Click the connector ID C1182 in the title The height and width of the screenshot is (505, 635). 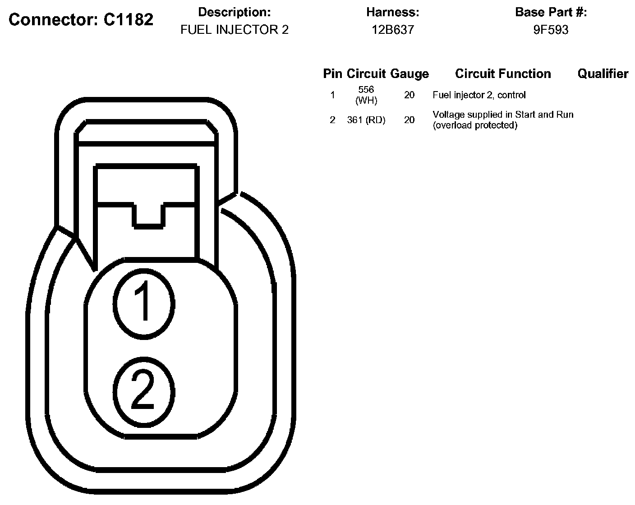128,19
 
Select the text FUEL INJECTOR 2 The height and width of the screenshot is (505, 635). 234,30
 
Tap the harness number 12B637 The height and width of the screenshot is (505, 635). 392,30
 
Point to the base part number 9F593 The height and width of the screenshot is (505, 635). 551,30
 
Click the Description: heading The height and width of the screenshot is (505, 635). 235,12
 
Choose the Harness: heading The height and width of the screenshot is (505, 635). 392,12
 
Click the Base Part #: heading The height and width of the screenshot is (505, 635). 551,12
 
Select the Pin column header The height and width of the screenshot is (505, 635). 333,73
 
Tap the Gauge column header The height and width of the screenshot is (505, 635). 410,73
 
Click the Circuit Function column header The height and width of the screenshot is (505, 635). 503,73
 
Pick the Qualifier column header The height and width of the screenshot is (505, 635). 603,73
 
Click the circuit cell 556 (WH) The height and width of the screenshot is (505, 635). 366,95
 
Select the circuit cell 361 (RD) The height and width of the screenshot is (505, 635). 366,120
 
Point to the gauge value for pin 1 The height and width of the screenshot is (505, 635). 410,95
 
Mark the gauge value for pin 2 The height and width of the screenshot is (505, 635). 410,120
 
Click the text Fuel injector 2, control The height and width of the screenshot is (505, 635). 479,95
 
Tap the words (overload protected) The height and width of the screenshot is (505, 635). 475,125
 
